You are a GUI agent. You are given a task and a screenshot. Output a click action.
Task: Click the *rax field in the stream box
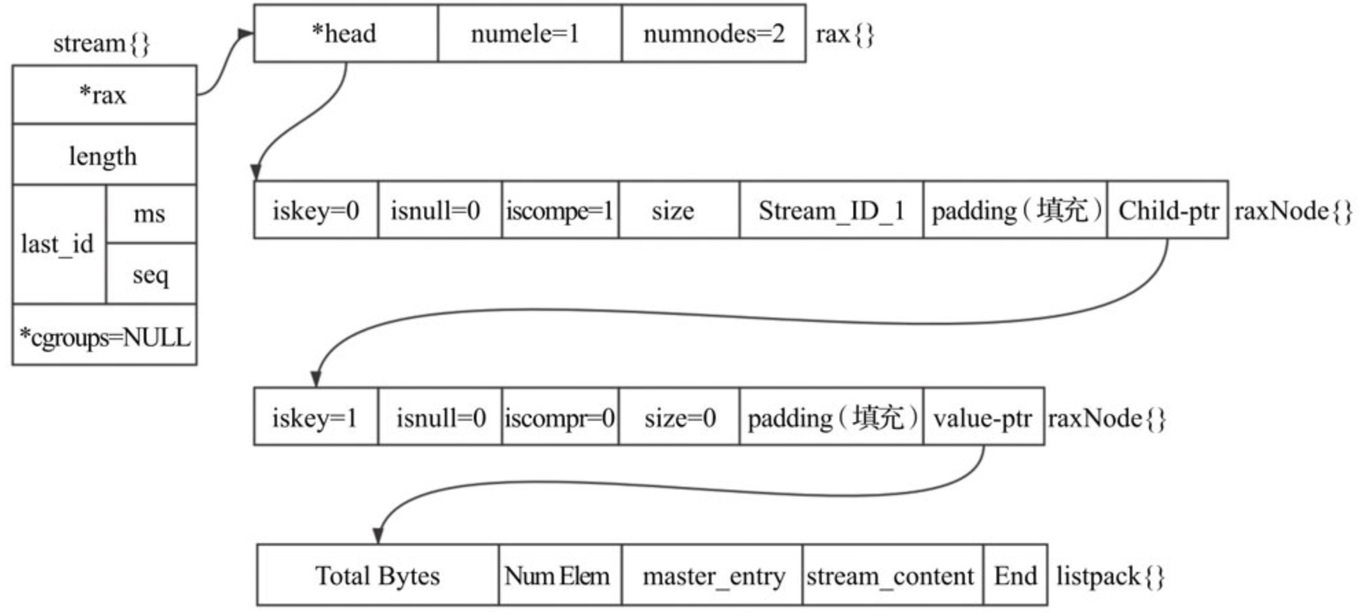point(104,95)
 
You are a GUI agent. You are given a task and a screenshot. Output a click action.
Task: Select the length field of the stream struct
point(104,155)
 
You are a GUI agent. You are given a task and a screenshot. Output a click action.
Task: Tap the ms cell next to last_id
point(150,214)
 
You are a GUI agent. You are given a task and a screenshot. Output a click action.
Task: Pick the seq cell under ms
point(150,274)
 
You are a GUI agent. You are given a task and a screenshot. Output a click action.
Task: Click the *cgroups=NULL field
point(104,337)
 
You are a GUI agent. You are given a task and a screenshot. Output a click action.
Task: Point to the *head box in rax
point(345,34)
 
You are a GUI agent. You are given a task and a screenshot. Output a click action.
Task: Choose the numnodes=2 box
point(713,34)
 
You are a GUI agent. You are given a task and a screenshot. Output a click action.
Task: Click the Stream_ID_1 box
point(831,210)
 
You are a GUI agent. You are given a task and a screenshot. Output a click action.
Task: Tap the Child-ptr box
point(1167,210)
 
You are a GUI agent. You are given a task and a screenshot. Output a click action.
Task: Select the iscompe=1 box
point(559,210)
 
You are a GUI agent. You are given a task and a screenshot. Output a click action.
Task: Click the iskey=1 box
point(315,417)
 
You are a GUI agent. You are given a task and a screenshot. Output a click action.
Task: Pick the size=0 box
point(679,417)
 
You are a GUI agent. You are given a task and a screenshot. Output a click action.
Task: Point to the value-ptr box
point(983,417)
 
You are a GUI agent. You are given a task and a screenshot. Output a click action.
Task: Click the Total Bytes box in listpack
point(377,575)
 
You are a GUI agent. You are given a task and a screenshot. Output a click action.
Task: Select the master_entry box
point(712,575)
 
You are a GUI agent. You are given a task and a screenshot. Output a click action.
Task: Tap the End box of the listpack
point(1015,575)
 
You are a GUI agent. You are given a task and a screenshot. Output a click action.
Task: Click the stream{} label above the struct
point(101,43)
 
